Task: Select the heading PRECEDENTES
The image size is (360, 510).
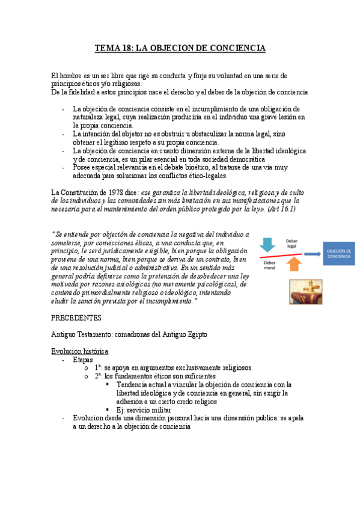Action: [76, 317]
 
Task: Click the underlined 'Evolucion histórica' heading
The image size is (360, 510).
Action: [79, 351]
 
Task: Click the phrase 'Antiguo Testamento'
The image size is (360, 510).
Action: [81, 334]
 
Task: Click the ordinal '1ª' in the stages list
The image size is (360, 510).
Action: [99, 367]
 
